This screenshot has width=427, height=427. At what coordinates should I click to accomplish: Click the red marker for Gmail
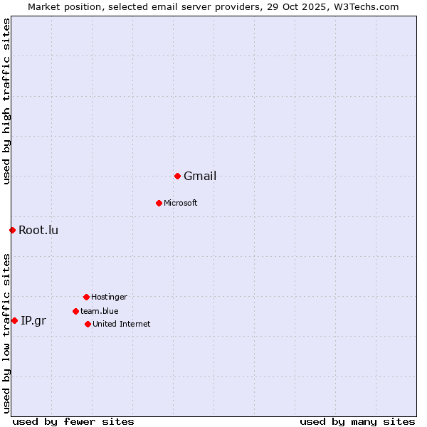pos(177,176)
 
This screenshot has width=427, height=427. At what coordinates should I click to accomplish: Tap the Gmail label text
pos(200,176)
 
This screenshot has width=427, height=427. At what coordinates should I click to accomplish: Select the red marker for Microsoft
pos(159,203)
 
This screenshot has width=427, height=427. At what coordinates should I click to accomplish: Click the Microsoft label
pos(181,204)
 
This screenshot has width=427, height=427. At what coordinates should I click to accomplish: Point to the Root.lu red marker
pos(12,230)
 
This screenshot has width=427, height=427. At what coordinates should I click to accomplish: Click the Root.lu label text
pos(38,230)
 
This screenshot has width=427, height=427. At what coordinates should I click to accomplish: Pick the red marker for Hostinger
pos(86,297)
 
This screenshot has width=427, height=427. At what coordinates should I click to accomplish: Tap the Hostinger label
pos(109,297)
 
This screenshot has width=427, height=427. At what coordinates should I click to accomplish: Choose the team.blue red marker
pos(75,311)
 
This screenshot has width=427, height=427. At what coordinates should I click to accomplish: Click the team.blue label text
pos(100,311)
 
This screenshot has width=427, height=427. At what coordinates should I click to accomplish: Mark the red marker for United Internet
pos(88,324)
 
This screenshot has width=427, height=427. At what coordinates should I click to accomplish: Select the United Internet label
pos(122,325)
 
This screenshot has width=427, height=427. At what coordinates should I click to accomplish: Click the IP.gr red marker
pos(14,320)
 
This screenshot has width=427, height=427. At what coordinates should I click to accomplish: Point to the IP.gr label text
pos(33,321)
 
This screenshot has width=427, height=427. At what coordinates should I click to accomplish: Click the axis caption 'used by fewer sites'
pos(73,422)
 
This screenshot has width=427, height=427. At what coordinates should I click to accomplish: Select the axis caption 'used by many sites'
pos(357,422)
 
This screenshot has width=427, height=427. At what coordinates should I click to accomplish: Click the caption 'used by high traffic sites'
pos(6,101)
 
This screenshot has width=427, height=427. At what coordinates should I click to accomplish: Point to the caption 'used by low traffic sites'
pos(6,332)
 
